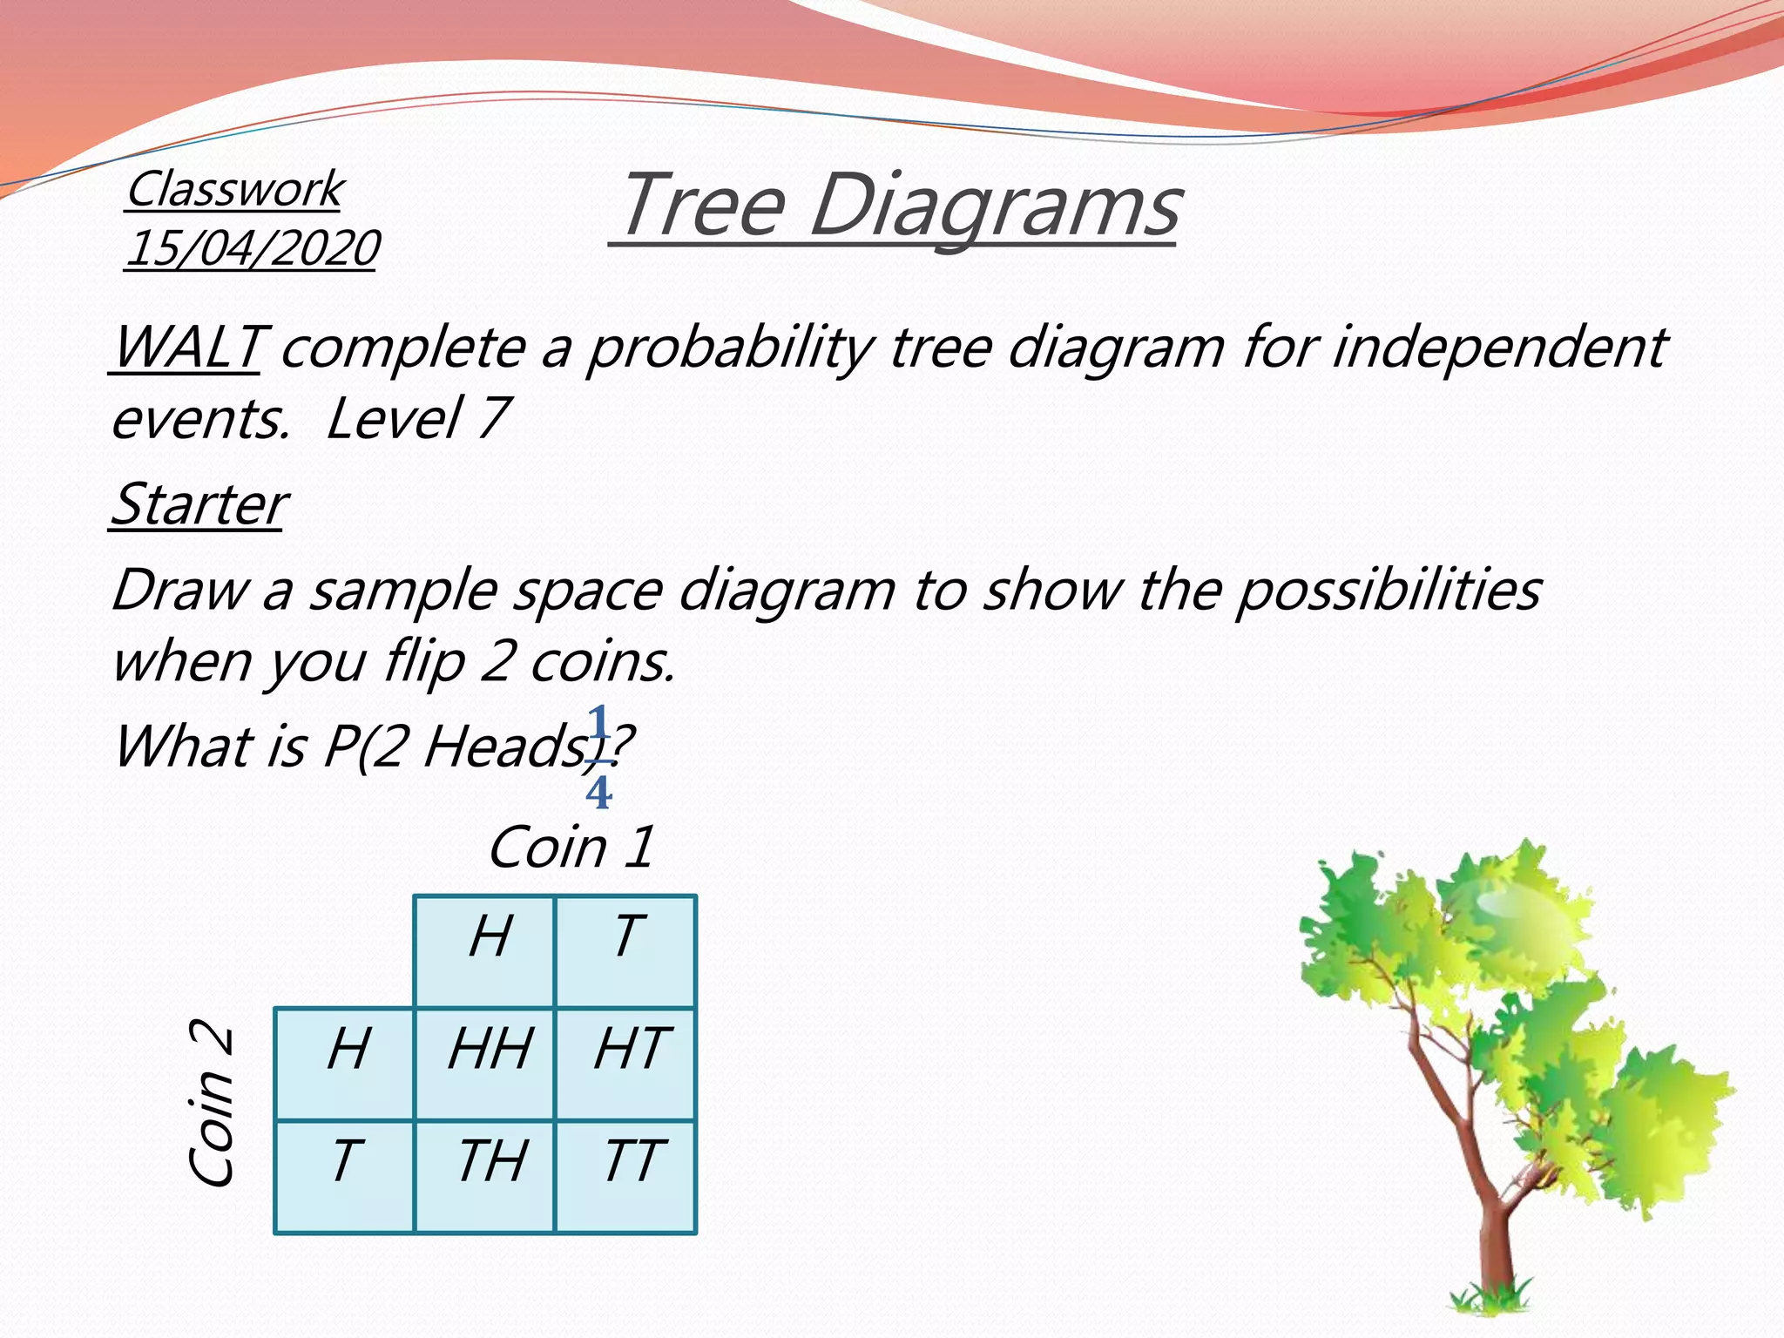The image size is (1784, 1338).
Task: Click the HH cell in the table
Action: [x=489, y=1049]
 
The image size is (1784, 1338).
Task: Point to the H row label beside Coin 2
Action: [x=348, y=1049]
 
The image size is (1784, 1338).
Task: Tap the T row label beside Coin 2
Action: [x=345, y=1161]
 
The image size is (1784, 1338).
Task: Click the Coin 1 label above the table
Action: [x=571, y=848]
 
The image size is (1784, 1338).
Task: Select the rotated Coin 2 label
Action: [x=212, y=1104]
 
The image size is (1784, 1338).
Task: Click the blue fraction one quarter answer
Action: [x=598, y=758]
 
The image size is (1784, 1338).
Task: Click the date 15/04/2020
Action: [x=252, y=248]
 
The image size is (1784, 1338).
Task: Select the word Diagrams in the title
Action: [x=994, y=206]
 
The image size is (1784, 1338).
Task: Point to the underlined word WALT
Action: [x=186, y=348]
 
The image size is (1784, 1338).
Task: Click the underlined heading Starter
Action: [x=199, y=504]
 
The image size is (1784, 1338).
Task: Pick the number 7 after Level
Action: [x=493, y=418]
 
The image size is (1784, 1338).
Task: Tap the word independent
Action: [x=1499, y=348]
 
